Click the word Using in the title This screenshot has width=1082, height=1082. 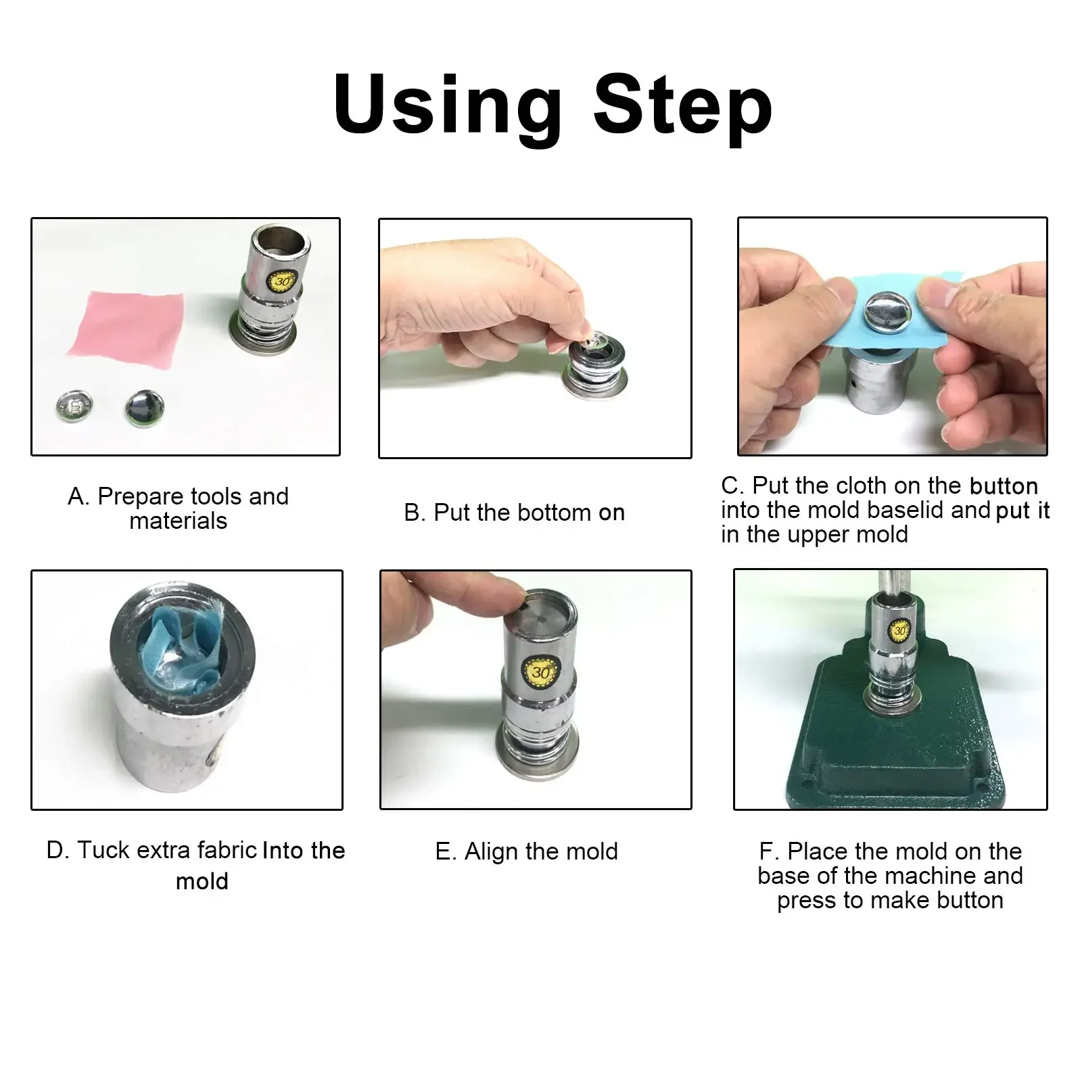click(x=448, y=107)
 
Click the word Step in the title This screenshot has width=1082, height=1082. click(x=683, y=107)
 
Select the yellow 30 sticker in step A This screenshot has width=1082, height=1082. click(x=283, y=281)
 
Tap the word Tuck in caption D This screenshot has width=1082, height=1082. click(x=102, y=850)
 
